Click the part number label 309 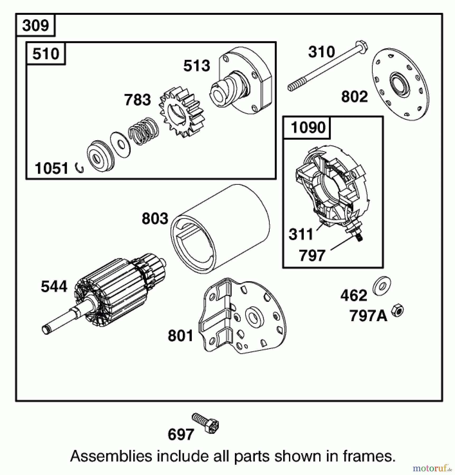pos(35,26)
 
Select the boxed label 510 pos(46,54)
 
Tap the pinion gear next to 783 pos(182,113)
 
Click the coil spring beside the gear pos(144,131)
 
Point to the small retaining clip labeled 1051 pos(79,168)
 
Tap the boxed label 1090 pos(308,128)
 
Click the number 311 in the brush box pos(301,234)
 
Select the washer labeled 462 pos(382,286)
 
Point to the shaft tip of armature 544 pos(46,330)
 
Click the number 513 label pos(197,66)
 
